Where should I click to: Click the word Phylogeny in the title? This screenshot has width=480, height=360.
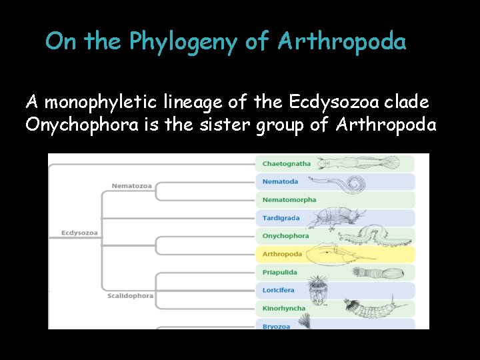[183, 43]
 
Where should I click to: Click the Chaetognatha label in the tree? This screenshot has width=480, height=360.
[286, 163]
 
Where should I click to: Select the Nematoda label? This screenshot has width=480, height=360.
[280, 181]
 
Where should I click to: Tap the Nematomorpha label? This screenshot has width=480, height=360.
[289, 199]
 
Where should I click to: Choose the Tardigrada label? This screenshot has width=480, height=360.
[281, 218]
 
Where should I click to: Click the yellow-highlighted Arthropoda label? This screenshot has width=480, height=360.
[282, 254]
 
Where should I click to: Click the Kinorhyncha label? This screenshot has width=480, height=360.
[284, 308]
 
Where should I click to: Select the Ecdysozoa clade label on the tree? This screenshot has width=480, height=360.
[79, 233]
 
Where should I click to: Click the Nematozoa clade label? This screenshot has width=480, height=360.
[131, 185]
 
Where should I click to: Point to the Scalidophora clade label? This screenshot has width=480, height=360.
[130, 295]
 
